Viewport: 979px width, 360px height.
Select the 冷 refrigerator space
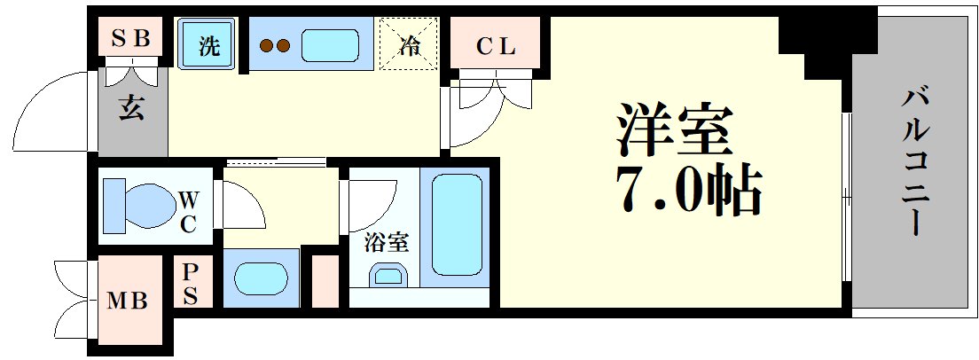coord(410,44)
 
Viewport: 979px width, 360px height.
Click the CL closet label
coord(495,47)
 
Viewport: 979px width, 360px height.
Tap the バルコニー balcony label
coord(912,160)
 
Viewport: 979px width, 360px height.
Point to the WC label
coord(188,210)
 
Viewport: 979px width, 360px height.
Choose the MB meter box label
coord(128,301)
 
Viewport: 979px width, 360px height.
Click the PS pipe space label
coord(191,284)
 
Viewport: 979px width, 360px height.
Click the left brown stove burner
coord(265,46)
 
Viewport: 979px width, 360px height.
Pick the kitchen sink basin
coord(329,44)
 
